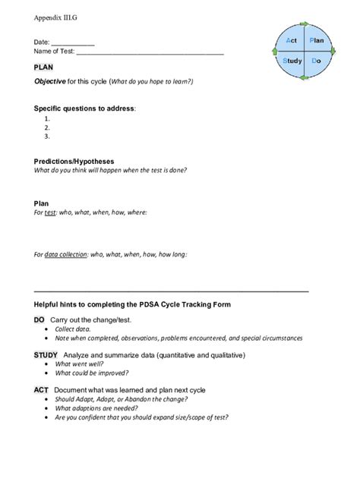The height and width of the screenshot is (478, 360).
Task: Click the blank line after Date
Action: coord(73,44)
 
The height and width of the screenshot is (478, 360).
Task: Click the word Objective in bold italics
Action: coord(49,81)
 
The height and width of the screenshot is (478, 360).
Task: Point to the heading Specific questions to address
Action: coord(84,108)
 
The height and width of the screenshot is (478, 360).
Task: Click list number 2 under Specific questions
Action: coord(47,127)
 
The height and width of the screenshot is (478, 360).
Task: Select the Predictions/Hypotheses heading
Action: coord(74,161)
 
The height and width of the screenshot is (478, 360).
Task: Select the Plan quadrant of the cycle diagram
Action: coord(316,39)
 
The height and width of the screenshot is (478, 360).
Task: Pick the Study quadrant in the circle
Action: coord(292,61)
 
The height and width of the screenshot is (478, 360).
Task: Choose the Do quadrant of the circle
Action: coord(316,61)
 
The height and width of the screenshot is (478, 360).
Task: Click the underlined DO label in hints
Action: coord(39,320)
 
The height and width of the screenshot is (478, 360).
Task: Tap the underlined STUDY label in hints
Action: coord(46,354)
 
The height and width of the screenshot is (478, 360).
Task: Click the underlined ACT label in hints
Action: coord(41,389)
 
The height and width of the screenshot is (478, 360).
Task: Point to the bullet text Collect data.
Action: coord(73,329)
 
